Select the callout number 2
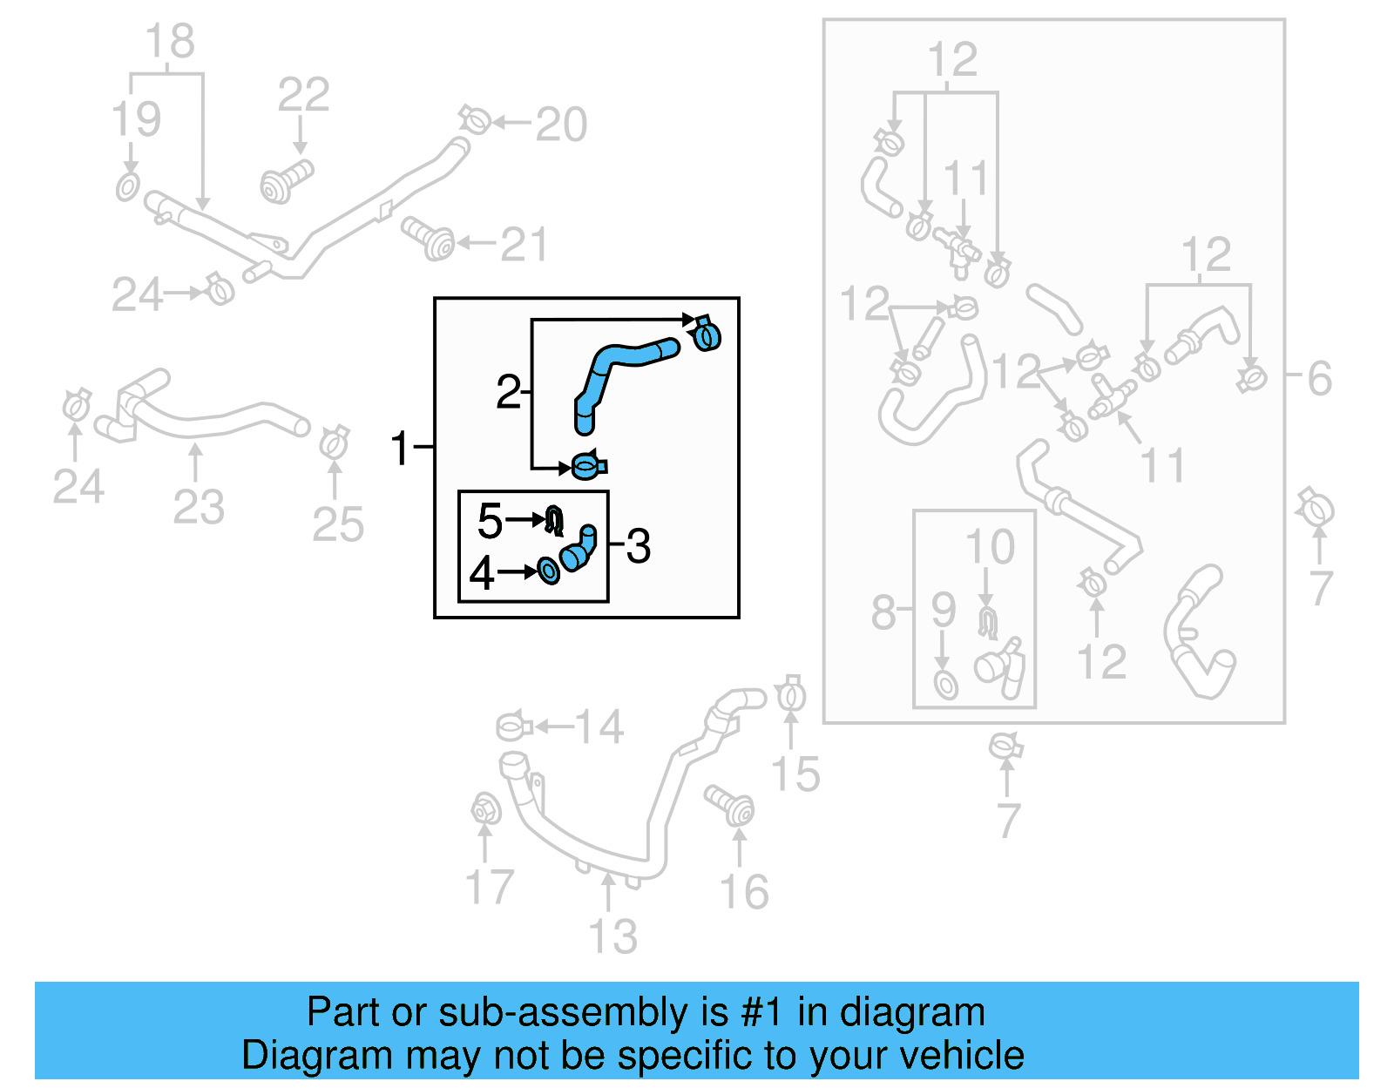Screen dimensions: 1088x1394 pos(508,392)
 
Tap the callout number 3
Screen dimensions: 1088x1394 pos(638,546)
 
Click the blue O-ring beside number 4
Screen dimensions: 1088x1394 pos(549,571)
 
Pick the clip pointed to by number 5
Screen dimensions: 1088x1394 pos(554,520)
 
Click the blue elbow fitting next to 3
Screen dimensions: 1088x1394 pos(579,551)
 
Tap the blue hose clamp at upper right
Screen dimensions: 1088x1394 pos(707,334)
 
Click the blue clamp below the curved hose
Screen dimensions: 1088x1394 pos(588,466)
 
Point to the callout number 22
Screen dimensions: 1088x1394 pos(303,94)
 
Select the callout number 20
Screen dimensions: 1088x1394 pos(561,124)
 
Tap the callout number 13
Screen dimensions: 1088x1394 pos(612,936)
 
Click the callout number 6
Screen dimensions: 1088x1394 pos(1319,378)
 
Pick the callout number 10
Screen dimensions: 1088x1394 pos(990,547)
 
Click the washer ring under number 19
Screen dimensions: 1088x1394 pos(127,186)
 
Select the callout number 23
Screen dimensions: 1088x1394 pos(199,506)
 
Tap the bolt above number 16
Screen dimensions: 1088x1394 pos(731,805)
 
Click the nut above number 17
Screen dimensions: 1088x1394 pos(484,809)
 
